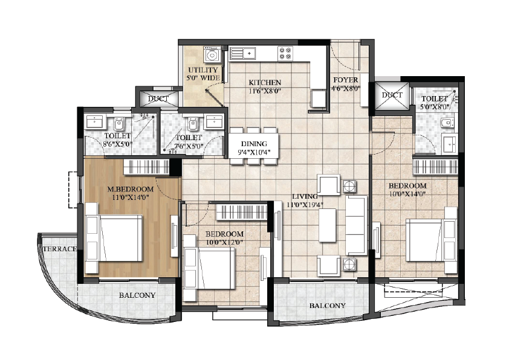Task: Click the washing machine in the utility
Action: pos(212,54)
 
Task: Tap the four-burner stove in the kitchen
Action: pos(285,53)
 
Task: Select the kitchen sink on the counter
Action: pos(242,53)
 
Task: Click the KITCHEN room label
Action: pos(265,82)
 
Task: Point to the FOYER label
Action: pos(346,80)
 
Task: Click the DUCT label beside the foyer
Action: pos(392,95)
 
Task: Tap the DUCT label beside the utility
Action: pos(158,98)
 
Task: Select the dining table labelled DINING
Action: pos(254,146)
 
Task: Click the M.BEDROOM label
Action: pos(131,188)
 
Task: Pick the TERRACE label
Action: pos(60,249)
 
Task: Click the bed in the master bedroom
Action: pos(114,238)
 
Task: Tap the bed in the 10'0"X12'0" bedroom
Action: pos(209,268)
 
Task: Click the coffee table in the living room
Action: pos(327,225)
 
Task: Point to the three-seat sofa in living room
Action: pos(357,225)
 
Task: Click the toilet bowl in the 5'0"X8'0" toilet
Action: pos(447,123)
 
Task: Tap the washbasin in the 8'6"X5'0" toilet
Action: pos(94,121)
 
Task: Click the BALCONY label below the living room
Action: pos(327,306)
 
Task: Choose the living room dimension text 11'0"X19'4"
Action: pos(305,205)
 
